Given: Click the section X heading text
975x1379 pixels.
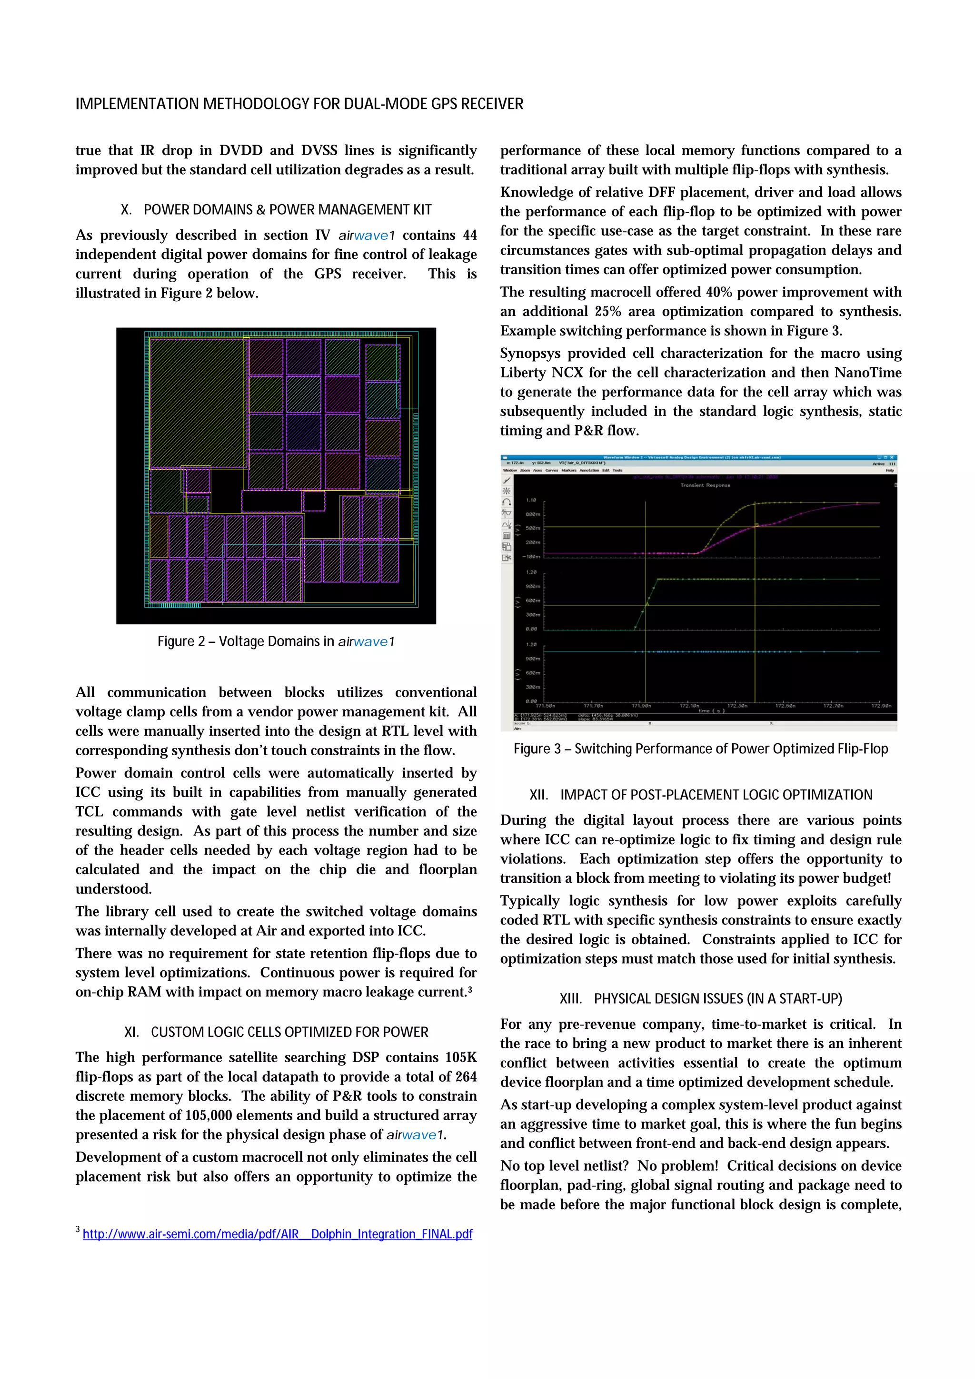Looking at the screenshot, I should point(276,210).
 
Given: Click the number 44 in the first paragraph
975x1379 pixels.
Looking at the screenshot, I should point(469,235).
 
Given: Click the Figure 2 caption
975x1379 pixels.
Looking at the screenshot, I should point(276,641).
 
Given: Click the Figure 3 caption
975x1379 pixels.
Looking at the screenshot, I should point(700,749).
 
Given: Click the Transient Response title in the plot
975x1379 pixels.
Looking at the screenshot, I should point(705,485).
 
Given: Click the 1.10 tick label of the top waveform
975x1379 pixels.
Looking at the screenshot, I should point(531,500).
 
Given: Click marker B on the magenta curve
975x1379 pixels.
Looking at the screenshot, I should point(757,525).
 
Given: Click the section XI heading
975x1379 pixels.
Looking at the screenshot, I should point(276,1032).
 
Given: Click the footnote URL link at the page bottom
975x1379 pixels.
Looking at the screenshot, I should point(278,1234).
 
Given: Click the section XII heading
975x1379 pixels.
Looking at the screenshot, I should point(700,795).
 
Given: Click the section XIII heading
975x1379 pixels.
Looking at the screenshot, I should point(700,998).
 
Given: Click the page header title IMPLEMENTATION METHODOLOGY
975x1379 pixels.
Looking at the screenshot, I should point(299,104).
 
